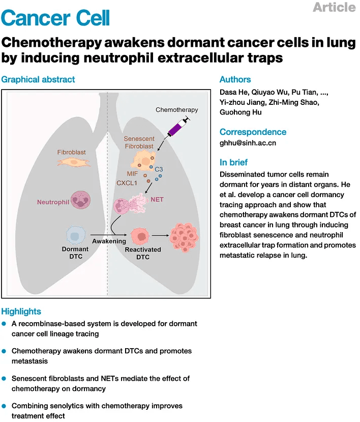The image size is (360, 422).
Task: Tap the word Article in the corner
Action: coord(334,7)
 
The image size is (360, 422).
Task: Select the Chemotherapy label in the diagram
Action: coord(176,110)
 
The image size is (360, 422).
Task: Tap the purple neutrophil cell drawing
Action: coord(81,200)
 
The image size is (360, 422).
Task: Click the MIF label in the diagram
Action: coord(133,174)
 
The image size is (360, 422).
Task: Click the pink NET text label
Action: coord(157,200)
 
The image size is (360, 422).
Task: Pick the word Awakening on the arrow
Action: coord(109,241)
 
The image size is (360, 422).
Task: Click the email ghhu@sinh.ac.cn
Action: coord(248,143)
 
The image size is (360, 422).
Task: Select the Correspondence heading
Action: coord(253,132)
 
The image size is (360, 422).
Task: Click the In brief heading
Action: coord(233,162)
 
